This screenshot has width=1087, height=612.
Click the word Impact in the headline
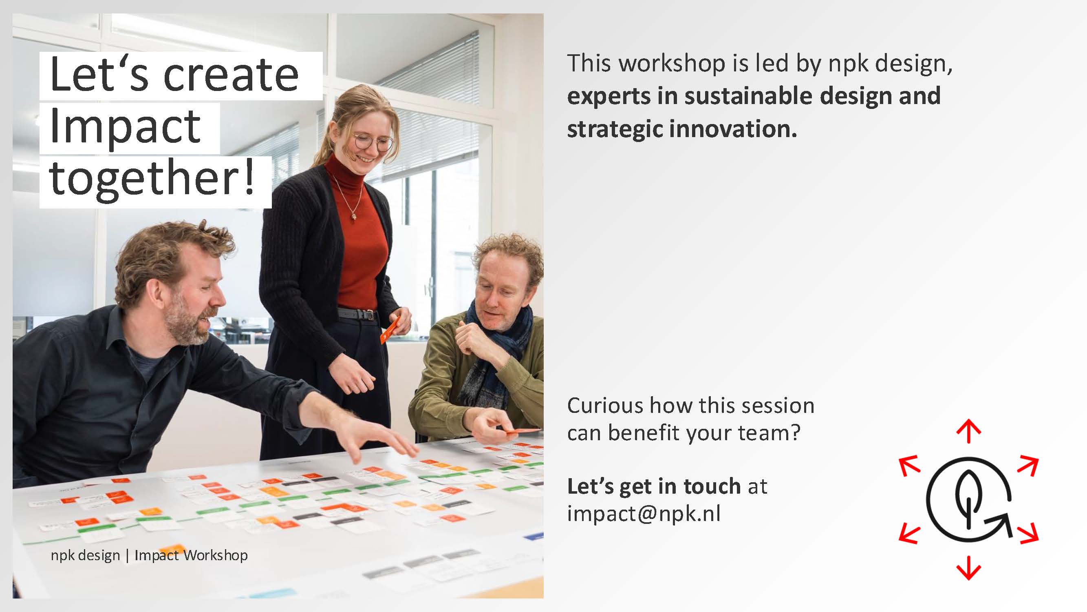(x=125, y=127)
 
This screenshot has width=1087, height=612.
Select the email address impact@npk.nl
(x=644, y=514)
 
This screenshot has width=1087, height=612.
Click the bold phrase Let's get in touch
(x=654, y=486)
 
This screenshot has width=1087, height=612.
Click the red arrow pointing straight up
(x=968, y=431)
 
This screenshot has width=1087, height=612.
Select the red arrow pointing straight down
(x=968, y=568)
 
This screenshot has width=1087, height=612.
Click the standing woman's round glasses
(x=373, y=142)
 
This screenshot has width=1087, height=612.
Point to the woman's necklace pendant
(x=354, y=216)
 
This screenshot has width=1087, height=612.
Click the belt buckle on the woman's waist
(x=370, y=314)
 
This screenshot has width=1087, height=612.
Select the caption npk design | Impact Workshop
(x=149, y=555)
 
